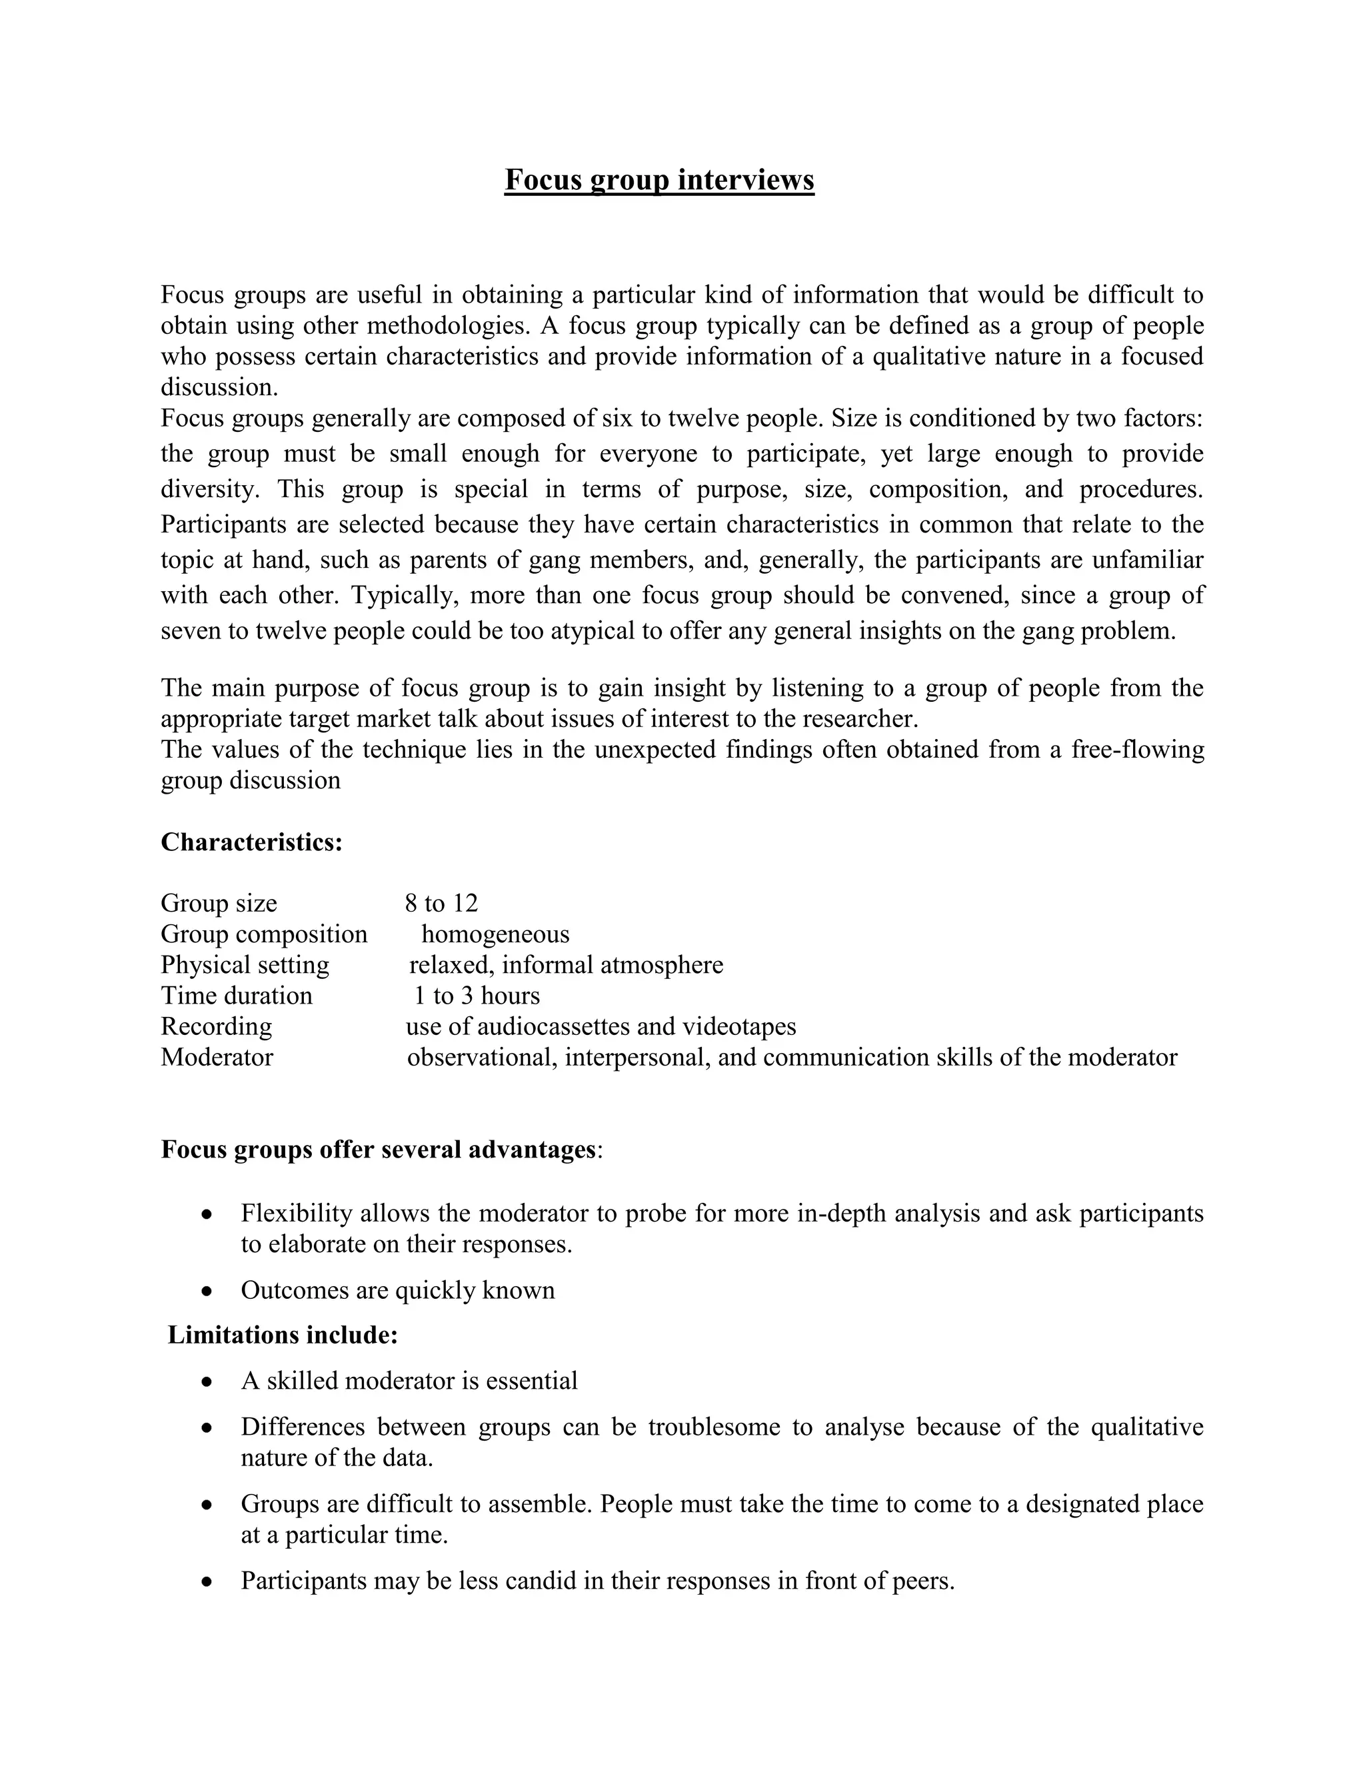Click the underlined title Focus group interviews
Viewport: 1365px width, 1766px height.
[659, 179]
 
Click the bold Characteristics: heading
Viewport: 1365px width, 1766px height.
[251, 842]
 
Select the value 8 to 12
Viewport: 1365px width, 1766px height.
[441, 903]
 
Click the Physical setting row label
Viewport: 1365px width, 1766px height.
[245, 965]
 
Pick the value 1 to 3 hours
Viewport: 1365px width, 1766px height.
[477, 996]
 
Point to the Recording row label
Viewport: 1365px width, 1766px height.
[216, 1026]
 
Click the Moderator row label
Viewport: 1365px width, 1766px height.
[217, 1057]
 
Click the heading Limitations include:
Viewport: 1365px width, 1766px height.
[282, 1335]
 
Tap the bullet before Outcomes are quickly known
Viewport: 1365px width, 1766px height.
[208, 1292]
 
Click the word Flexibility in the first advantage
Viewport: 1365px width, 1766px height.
[296, 1213]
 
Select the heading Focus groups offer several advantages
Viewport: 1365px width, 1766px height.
[378, 1149]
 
